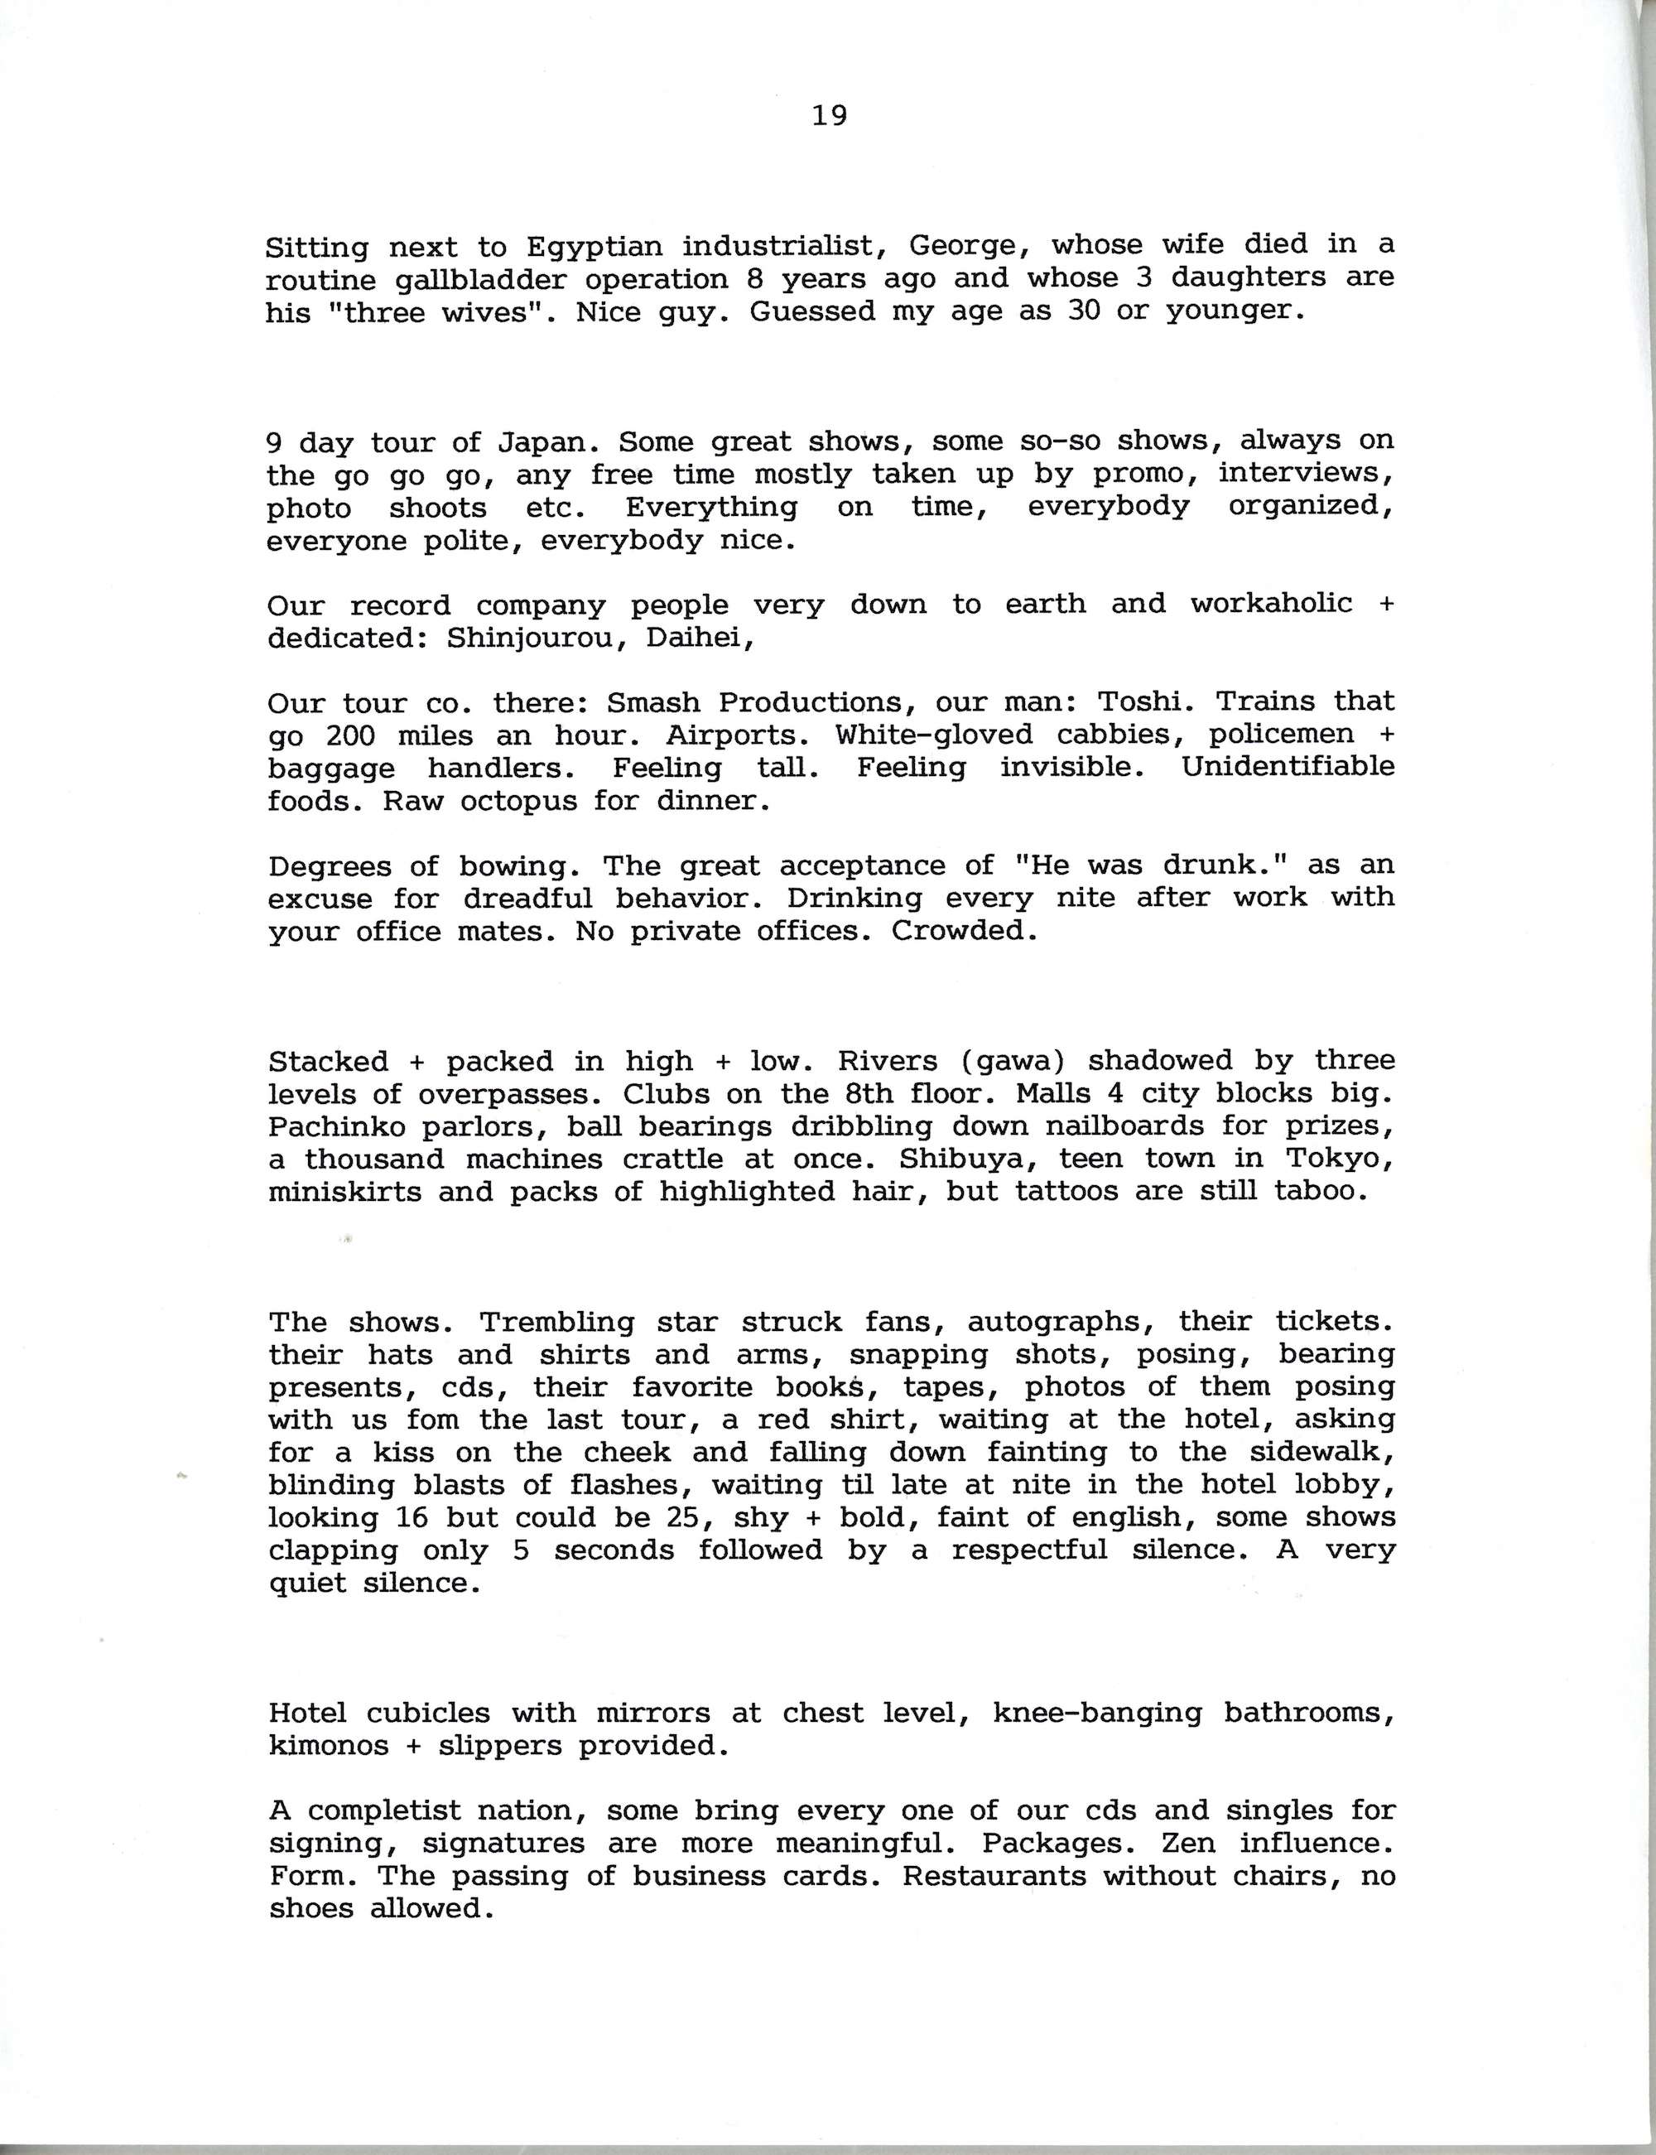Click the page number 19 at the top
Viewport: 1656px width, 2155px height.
[x=829, y=116]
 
